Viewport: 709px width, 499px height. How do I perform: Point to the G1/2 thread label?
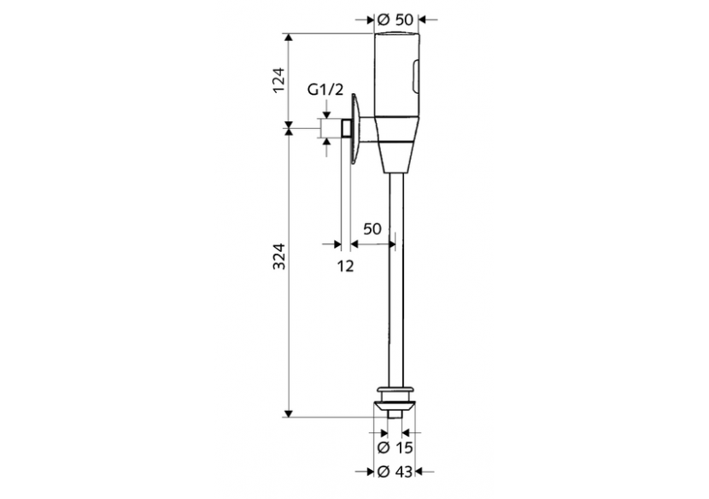[x=325, y=89]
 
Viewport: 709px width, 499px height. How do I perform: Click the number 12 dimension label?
[x=345, y=266]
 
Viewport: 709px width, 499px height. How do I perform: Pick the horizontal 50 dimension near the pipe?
[x=372, y=228]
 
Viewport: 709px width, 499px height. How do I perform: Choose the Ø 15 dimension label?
[x=395, y=447]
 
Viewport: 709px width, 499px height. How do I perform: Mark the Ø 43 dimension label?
[x=395, y=471]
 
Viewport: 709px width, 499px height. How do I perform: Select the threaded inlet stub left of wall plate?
[x=344, y=129]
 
